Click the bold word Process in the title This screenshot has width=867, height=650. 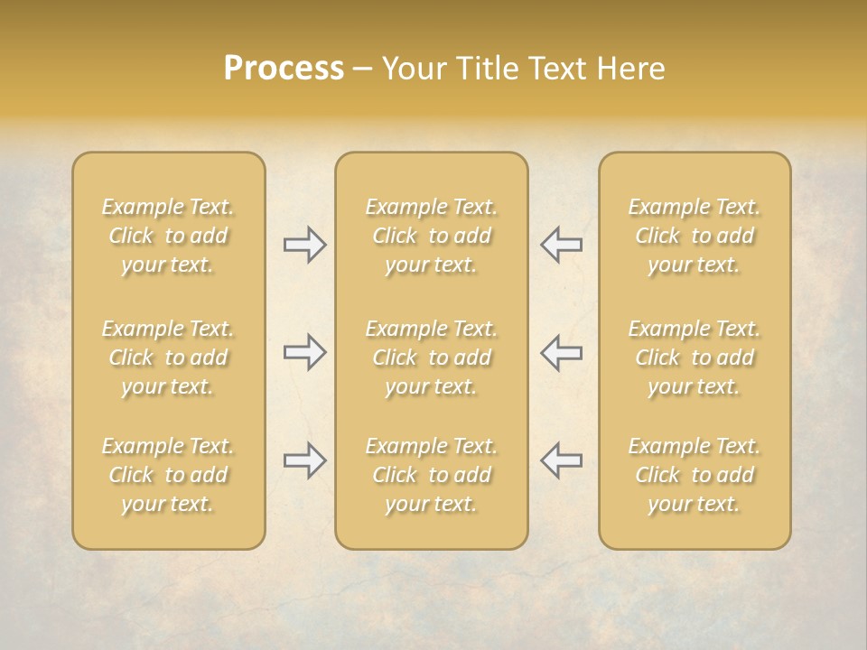(284, 69)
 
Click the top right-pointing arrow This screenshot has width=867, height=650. (304, 245)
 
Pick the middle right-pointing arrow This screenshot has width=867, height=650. (304, 352)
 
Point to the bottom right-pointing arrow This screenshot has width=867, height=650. (304, 460)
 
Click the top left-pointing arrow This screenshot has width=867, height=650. (562, 245)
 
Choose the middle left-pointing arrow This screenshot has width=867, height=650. (562, 352)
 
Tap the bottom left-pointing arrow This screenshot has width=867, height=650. (562, 460)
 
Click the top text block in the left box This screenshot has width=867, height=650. (168, 236)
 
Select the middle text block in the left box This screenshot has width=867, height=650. (168, 357)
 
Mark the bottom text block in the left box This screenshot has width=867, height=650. (168, 475)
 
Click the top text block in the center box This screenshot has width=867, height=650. (431, 236)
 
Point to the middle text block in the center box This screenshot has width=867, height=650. (431, 357)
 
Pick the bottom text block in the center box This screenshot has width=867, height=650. (431, 475)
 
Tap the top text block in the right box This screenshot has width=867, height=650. (694, 236)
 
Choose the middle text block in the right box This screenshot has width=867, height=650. (694, 357)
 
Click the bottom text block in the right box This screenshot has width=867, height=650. (694, 475)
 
